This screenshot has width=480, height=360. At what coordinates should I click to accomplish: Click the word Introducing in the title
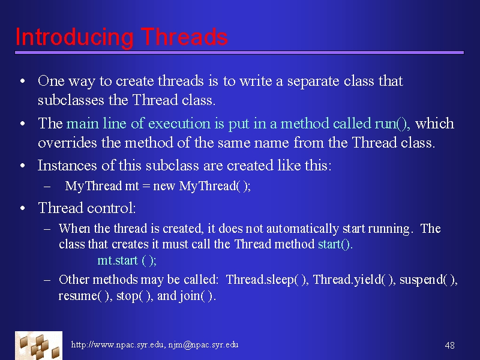tap(74, 37)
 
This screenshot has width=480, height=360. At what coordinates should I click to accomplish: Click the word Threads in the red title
tap(184, 37)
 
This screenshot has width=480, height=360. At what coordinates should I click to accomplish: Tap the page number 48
tap(449, 346)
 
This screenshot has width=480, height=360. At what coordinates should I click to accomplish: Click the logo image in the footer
tap(38, 346)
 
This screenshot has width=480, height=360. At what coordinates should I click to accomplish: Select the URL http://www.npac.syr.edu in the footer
tap(117, 344)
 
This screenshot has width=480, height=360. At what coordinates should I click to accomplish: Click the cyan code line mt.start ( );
tap(127, 260)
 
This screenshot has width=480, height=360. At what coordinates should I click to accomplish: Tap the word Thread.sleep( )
tap(266, 280)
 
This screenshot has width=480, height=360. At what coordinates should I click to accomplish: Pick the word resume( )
tap(85, 296)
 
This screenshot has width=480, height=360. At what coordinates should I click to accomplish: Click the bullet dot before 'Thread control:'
tap(23, 208)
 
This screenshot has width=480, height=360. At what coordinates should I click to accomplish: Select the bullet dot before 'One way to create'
tap(23, 81)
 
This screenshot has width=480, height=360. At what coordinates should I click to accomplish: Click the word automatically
tap(302, 229)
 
